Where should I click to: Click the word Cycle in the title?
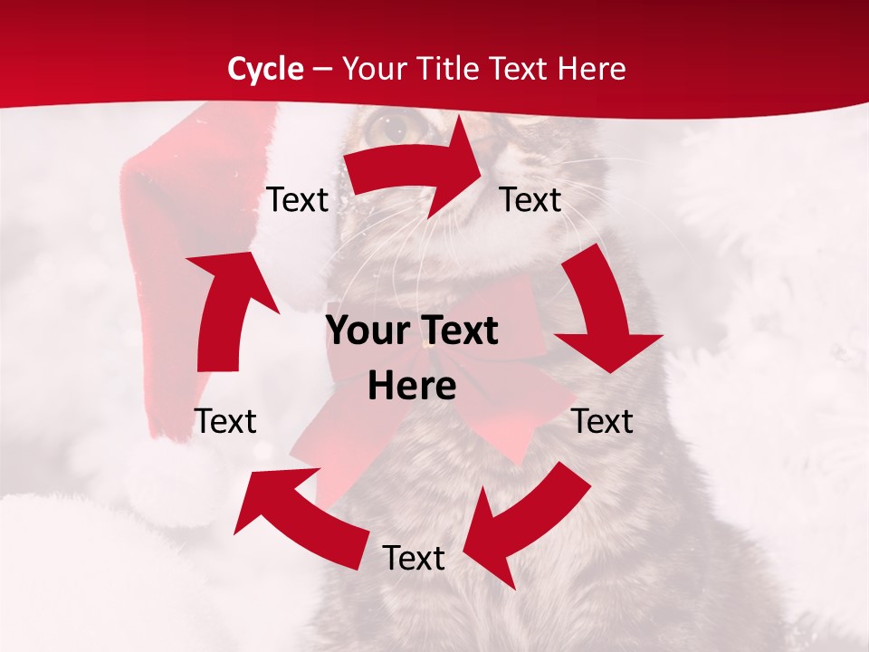tap(265, 69)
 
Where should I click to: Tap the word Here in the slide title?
tap(591, 69)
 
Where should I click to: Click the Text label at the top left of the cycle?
tap(297, 199)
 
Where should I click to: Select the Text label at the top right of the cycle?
tap(530, 199)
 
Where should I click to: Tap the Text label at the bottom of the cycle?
tap(414, 558)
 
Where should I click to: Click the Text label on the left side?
tap(225, 421)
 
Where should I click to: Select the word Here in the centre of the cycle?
tap(412, 387)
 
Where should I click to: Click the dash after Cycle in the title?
tap(323, 70)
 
